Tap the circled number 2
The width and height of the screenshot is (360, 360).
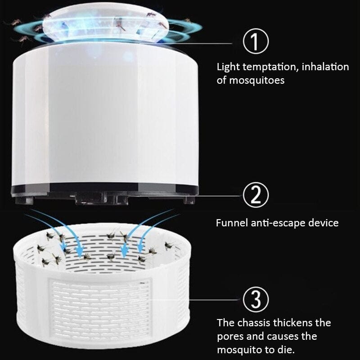[255, 195]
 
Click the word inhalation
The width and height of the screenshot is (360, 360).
[325, 67]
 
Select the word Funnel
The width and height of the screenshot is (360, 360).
[231, 223]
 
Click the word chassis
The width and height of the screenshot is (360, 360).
[252, 323]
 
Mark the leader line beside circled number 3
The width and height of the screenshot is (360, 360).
[198, 298]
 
